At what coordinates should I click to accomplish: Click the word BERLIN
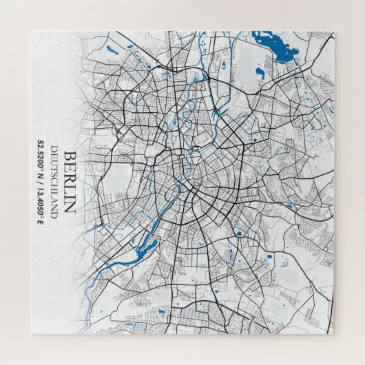(x=69, y=182)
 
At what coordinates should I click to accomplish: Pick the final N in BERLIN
(x=69, y=207)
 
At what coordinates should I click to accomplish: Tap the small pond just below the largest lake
(x=260, y=71)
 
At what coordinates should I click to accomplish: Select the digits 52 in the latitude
(x=41, y=143)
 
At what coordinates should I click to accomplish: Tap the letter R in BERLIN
(x=69, y=178)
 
